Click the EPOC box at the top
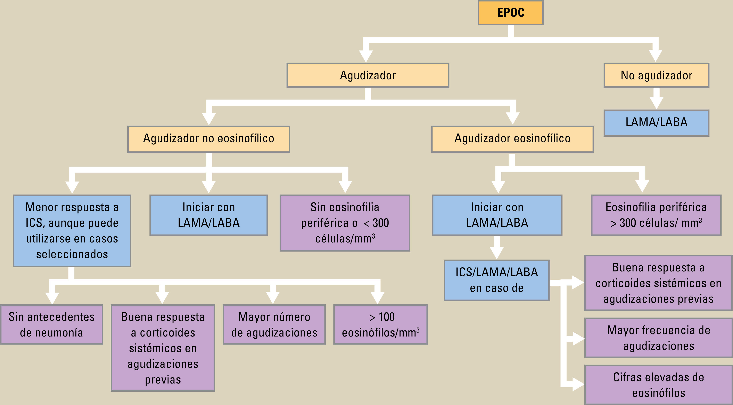(510, 13)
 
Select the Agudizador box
(368, 75)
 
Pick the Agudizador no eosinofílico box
(209, 139)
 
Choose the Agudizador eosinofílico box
(512, 139)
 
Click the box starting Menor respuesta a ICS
(72, 231)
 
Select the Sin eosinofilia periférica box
(345, 223)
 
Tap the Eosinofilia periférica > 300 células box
(656, 215)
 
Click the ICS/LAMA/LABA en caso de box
(496, 280)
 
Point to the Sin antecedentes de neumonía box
(51, 324)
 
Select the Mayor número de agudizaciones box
(274, 324)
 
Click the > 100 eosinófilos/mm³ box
(380, 324)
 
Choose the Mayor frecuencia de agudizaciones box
(658, 338)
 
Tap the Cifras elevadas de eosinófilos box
(658, 385)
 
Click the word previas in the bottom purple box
(163, 380)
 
